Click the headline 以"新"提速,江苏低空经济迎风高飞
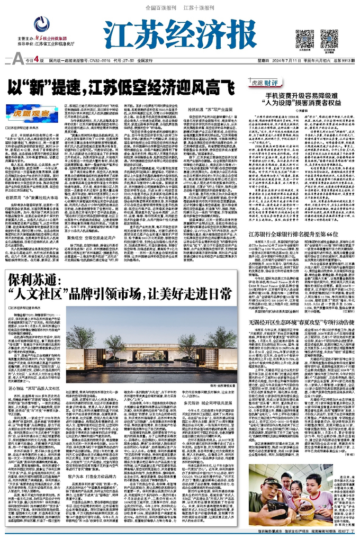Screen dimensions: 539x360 coord(119,85)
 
